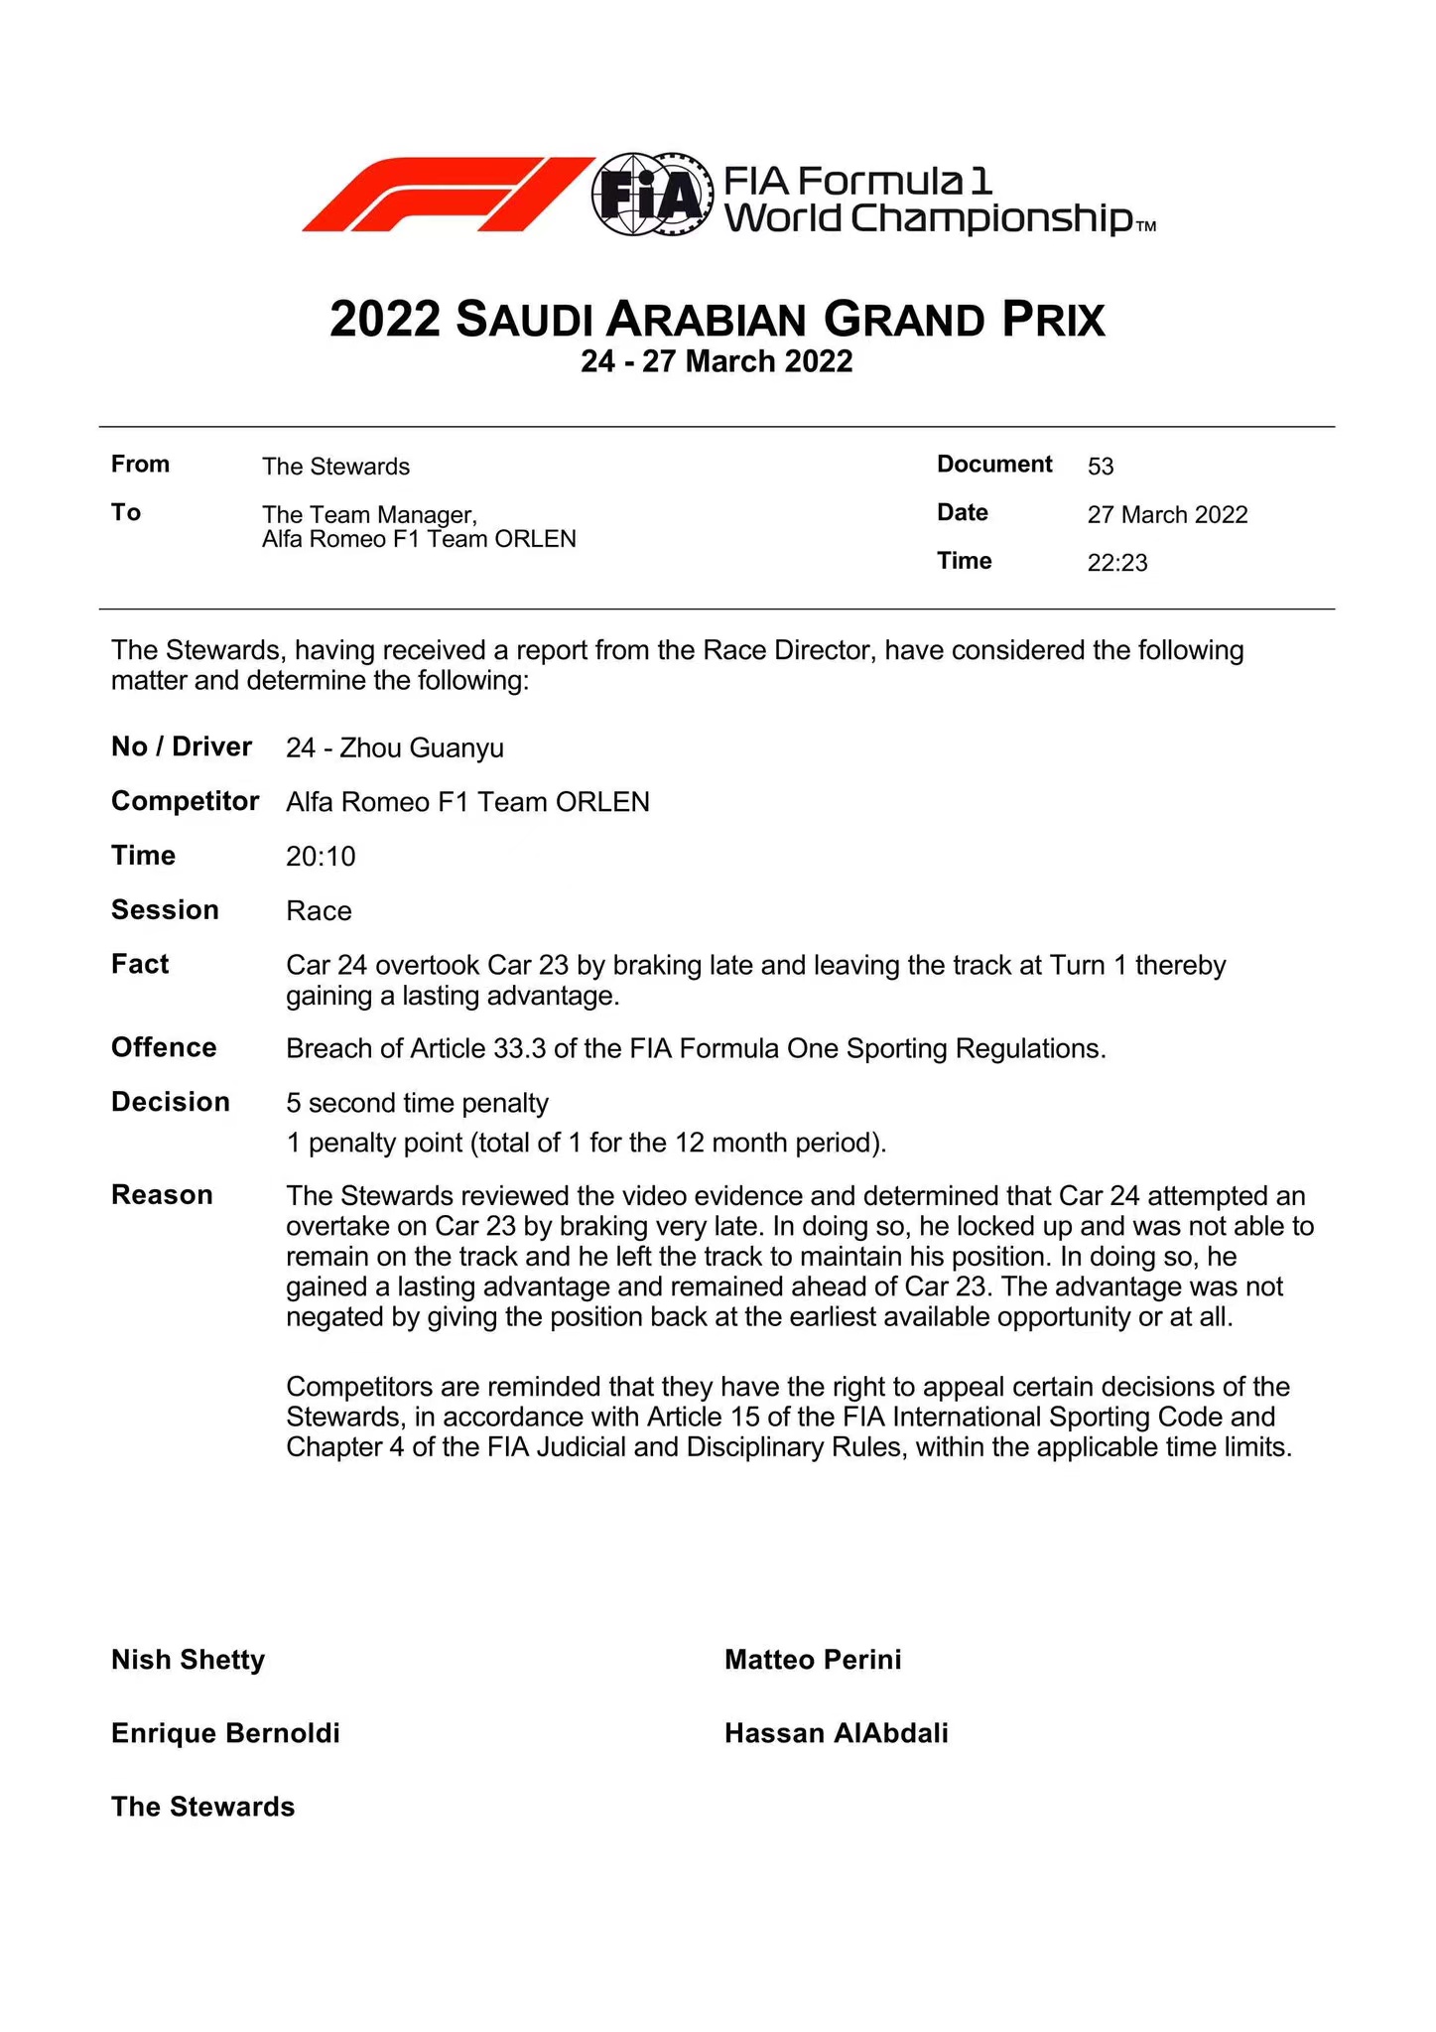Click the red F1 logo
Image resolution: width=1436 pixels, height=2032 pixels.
point(447,195)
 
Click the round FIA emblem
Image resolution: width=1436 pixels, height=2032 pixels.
point(652,195)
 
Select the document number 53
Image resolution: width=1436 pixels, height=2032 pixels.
point(1101,467)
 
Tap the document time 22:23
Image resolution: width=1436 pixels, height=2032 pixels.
point(1117,563)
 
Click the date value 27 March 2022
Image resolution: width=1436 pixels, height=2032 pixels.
point(1167,515)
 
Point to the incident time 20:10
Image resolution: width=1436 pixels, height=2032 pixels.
point(321,857)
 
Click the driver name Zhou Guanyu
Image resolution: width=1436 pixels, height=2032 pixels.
point(422,748)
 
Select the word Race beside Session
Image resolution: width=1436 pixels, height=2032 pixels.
point(319,911)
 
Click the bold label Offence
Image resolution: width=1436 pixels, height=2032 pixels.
point(164,1048)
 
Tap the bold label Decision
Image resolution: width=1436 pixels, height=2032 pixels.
point(171,1103)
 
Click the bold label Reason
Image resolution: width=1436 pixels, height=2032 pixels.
point(162,1195)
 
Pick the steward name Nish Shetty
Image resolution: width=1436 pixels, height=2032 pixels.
point(189,1660)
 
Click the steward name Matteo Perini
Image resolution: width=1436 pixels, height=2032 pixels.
point(813,1660)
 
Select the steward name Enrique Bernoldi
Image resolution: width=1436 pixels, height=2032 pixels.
point(225,1733)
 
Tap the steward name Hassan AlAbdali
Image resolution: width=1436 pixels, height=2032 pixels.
point(836,1733)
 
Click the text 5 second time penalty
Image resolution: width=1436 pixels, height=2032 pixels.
point(417,1104)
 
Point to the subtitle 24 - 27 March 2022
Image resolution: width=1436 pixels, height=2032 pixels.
point(717,361)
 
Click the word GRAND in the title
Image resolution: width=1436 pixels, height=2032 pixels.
point(903,321)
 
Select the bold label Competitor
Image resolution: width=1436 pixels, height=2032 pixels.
point(186,801)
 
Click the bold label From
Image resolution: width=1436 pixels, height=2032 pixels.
point(140,465)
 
